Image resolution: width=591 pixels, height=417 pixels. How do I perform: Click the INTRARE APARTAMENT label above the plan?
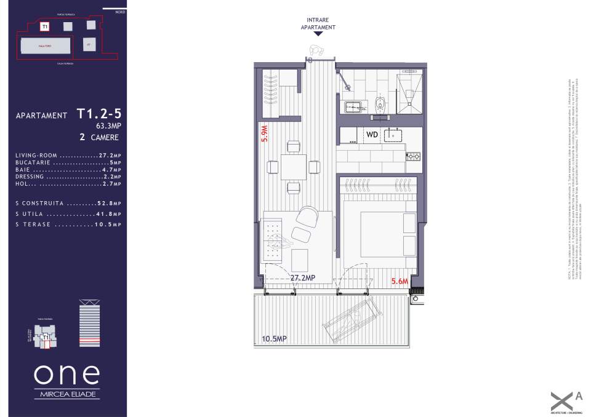pos(318,24)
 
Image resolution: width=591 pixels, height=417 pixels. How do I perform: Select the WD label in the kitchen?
pos(372,134)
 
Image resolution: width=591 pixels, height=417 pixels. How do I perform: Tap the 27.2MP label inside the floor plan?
pos(302,278)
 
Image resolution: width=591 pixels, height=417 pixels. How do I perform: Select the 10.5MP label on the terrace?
pos(274,338)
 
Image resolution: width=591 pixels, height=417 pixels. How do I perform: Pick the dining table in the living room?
pos(294,167)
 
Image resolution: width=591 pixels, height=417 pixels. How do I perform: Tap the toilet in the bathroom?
pos(380,103)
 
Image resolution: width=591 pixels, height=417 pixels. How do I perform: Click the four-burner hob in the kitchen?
pos(412,156)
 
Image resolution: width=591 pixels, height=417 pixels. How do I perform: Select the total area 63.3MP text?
pos(108,126)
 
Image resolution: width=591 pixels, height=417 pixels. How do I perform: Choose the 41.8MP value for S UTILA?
pos(109,214)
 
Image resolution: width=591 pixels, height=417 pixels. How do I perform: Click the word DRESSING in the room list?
pos(30,177)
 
